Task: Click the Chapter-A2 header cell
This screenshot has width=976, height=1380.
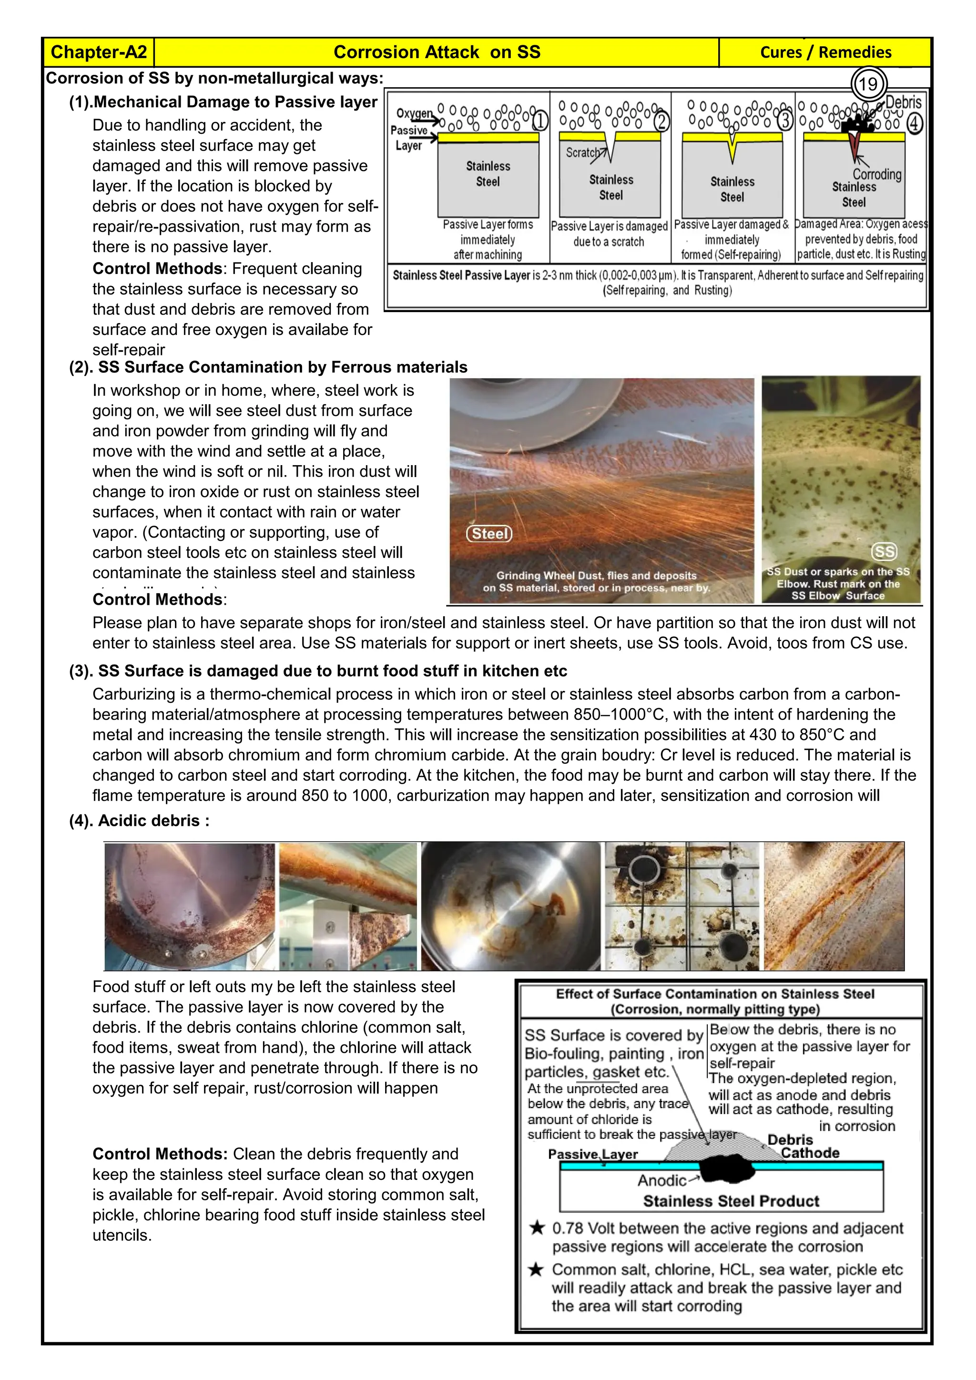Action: coord(99,52)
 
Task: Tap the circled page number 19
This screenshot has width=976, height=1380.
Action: coord(868,84)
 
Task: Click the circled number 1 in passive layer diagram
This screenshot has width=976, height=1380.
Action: coord(539,122)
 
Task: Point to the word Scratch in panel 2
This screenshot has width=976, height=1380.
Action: coord(582,152)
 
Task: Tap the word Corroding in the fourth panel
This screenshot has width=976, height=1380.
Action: coord(877,174)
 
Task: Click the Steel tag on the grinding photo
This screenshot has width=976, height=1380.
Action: coord(489,533)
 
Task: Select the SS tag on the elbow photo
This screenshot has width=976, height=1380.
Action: coord(884,551)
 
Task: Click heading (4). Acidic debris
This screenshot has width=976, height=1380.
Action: coord(140,821)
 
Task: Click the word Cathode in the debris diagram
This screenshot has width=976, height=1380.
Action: coord(810,1153)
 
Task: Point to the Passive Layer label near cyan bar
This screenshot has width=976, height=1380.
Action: coord(592,1154)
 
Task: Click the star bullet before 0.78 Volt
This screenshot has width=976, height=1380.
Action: coord(537,1228)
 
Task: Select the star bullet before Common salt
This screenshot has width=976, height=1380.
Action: coord(536,1269)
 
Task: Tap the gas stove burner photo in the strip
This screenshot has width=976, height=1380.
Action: coord(682,906)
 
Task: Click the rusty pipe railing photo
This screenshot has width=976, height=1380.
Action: coord(348,906)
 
